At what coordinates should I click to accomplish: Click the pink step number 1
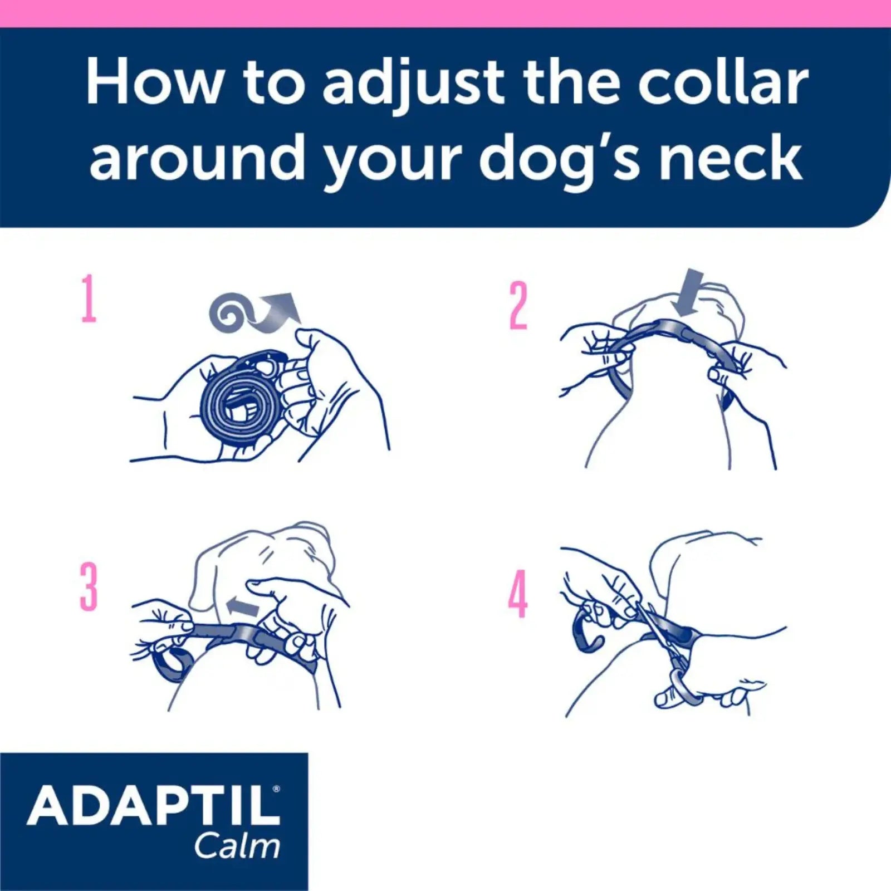pyautogui.click(x=89, y=300)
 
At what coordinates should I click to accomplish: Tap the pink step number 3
pyautogui.click(x=89, y=586)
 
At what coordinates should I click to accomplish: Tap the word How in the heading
pyautogui.click(x=153, y=84)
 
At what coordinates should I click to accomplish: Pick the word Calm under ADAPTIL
pyautogui.click(x=237, y=846)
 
